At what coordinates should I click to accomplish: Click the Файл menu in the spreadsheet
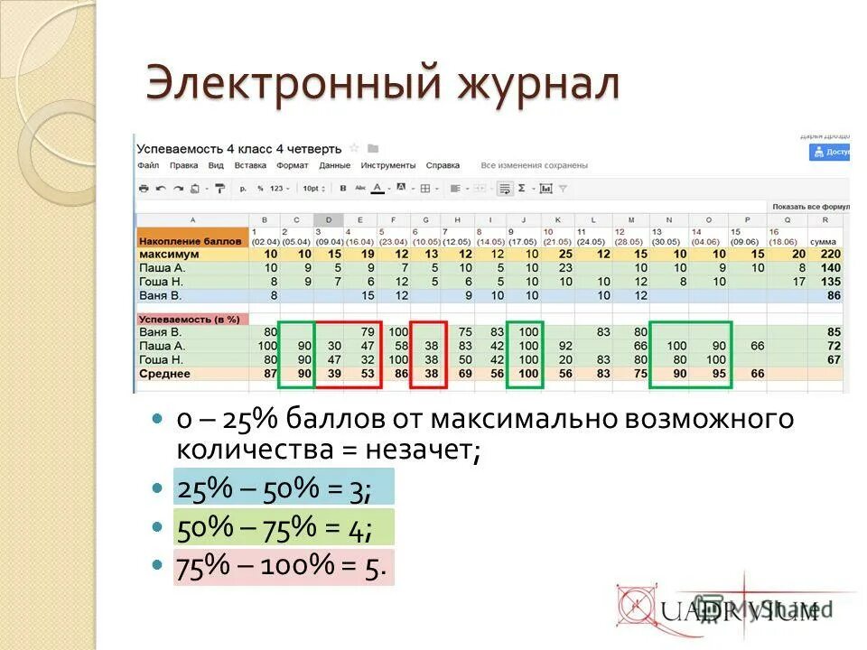(148, 165)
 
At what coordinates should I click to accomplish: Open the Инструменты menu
(387, 165)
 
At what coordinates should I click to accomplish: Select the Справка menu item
(443, 165)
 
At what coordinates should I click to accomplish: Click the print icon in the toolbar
(143, 189)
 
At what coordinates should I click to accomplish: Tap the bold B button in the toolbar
(342, 189)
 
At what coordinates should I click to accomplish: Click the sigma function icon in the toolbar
(522, 189)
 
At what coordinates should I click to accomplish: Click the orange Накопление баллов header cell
(191, 241)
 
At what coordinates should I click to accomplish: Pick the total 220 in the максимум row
(829, 254)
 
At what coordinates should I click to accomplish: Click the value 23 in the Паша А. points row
(565, 267)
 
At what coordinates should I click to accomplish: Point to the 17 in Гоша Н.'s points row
(797, 281)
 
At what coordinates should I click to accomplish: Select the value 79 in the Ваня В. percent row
(367, 332)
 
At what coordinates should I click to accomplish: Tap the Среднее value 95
(719, 373)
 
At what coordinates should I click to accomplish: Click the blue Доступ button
(830, 153)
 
